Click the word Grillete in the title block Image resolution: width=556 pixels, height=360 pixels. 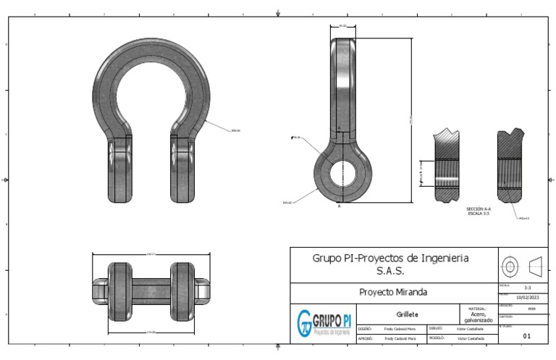click(x=408, y=314)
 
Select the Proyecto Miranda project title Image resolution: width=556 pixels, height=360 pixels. click(x=393, y=292)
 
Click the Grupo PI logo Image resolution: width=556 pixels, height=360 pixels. click(x=325, y=321)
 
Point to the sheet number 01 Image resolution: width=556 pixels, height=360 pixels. click(x=526, y=335)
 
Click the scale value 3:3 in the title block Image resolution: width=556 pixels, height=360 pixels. click(x=527, y=288)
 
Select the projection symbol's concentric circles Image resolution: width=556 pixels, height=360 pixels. click(x=510, y=266)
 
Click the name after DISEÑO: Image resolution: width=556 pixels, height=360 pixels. click(x=400, y=328)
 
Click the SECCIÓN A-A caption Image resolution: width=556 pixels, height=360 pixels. click(x=479, y=210)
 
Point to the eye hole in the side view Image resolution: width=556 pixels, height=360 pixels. click(x=340, y=175)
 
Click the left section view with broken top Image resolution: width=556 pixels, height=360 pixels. click(x=449, y=167)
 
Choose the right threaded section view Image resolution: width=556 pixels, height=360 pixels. click(x=511, y=167)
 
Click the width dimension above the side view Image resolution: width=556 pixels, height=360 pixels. click(x=342, y=25)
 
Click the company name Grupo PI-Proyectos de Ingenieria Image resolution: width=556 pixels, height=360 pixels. click(x=390, y=258)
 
